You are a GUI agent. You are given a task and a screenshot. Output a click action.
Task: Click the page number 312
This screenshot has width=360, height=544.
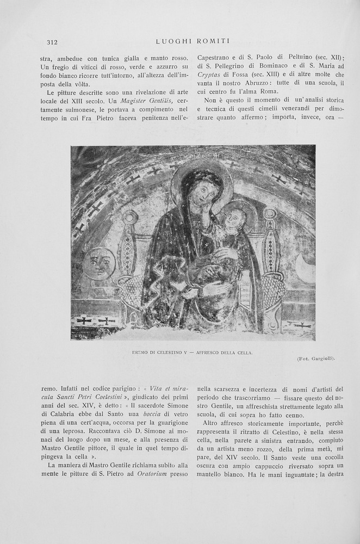click(52, 42)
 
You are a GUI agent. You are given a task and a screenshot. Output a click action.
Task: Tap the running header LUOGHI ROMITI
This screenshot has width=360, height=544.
click(193, 41)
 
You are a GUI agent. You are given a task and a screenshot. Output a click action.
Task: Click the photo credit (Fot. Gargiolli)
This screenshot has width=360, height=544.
click(316, 358)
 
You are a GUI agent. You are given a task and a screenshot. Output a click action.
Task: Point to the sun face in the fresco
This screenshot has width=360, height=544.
click(100, 263)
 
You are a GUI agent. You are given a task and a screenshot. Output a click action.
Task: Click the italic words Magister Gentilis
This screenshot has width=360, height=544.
click(147, 101)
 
